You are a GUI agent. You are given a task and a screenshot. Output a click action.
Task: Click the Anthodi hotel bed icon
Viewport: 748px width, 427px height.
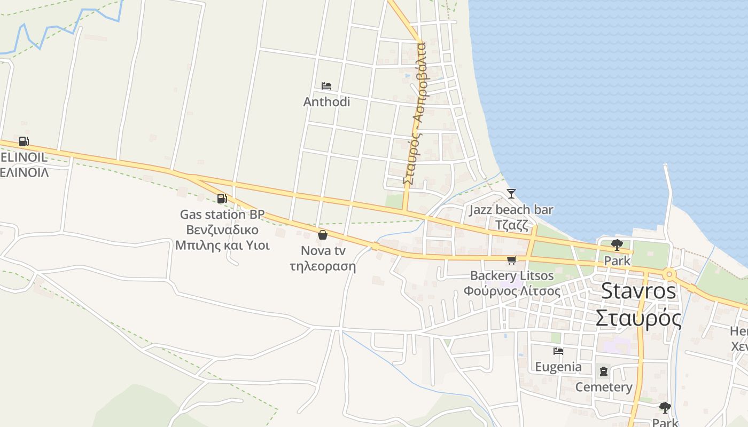click(326, 85)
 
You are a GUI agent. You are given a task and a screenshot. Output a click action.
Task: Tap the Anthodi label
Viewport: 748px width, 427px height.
click(326, 101)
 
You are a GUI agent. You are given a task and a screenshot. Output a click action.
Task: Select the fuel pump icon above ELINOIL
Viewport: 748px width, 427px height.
click(24, 141)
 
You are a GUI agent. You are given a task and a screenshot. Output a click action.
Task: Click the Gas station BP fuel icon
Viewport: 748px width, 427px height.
click(222, 199)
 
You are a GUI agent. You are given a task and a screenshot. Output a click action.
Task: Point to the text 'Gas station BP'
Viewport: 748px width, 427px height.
click(222, 215)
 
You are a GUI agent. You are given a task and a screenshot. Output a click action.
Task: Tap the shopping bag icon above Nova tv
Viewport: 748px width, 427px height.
click(323, 235)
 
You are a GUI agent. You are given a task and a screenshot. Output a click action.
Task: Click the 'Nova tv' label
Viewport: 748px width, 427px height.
click(323, 250)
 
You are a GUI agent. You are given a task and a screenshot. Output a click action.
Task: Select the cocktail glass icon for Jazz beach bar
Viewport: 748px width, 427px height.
click(511, 193)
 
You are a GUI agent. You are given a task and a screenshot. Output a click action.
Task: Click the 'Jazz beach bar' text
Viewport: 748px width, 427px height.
click(511, 210)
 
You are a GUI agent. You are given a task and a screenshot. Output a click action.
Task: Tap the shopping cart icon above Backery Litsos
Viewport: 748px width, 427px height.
click(511, 260)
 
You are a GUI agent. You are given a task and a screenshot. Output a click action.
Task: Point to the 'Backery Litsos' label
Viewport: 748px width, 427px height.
click(512, 276)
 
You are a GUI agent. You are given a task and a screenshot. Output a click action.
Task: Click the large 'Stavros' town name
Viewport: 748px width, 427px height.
click(638, 291)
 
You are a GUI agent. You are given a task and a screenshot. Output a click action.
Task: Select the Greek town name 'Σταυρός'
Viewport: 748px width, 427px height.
click(638, 319)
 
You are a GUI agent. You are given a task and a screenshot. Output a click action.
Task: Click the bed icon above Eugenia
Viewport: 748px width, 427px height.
click(558, 351)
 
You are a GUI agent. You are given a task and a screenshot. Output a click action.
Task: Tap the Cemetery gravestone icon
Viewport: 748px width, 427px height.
click(604, 371)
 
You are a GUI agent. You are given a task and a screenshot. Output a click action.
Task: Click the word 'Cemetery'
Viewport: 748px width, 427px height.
click(604, 387)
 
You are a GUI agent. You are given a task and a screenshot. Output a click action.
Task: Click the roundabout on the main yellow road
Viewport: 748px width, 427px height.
click(669, 274)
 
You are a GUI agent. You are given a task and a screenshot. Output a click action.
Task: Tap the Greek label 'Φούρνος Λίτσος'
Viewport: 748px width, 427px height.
click(512, 291)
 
